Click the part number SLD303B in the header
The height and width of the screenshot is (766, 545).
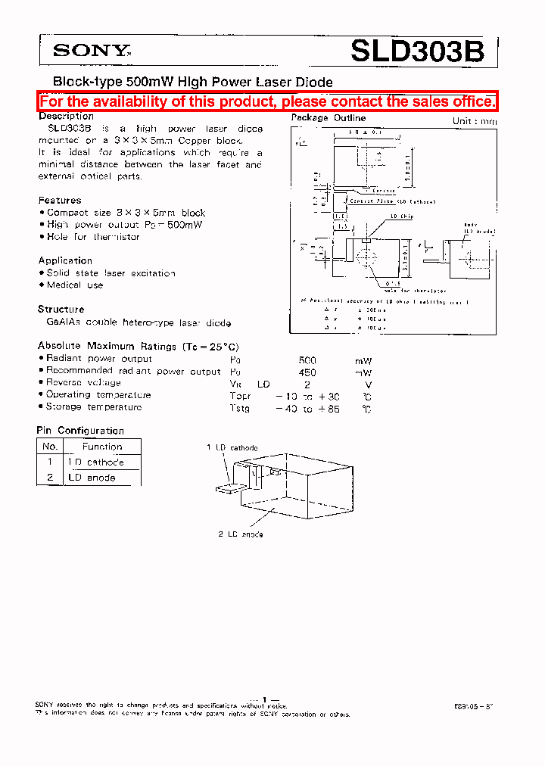click(416, 51)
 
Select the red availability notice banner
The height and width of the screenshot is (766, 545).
click(268, 101)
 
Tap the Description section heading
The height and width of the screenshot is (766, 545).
click(66, 117)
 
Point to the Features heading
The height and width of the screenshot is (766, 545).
click(60, 201)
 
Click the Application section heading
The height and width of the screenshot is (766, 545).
click(65, 260)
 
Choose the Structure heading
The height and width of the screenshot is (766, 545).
click(61, 309)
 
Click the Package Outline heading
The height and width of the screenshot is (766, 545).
click(329, 118)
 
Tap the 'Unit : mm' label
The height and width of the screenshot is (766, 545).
click(475, 121)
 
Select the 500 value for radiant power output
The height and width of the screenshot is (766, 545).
click(307, 360)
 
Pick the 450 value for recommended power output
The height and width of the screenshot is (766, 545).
click(307, 372)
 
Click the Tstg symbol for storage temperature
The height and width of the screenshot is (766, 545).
click(239, 407)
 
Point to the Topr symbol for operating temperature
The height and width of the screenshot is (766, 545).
click(240, 395)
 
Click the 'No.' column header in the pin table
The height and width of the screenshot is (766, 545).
click(50, 447)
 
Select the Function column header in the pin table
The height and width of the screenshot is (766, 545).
click(102, 447)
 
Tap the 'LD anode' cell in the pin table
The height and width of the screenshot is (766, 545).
click(92, 478)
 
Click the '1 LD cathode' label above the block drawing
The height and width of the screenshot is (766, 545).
click(232, 448)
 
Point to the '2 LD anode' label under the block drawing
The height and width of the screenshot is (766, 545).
click(241, 534)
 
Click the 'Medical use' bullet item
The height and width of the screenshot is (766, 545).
click(74, 285)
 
